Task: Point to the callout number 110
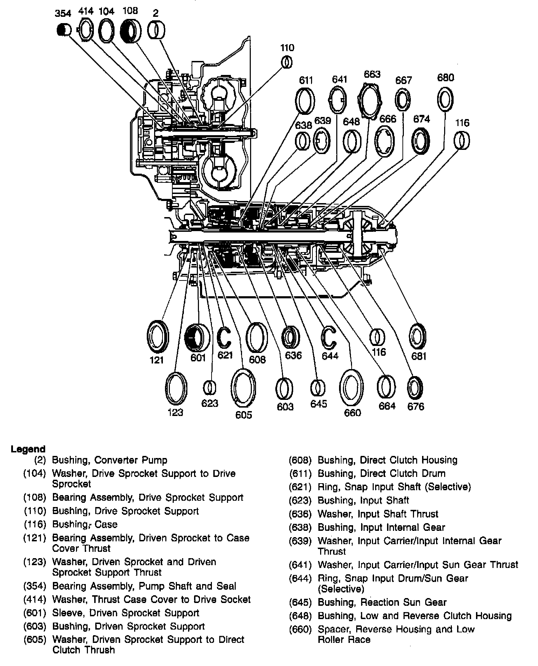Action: click(x=287, y=48)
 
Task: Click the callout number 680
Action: click(x=446, y=77)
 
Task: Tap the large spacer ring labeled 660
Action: click(x=351, y=388)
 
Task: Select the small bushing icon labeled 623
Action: click(x=209, y=388)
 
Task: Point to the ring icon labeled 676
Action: click(x=415, y=388)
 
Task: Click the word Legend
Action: click(x=28, y=449)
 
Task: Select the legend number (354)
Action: click(x=35, y=586)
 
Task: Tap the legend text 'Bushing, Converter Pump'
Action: click(x=110, y=460)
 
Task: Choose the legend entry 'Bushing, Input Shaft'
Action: click(x=363, y=500)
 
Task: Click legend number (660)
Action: click(x=300, y=629)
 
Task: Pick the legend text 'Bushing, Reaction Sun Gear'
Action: click(x=382, y=602)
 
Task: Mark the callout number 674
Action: click(x=421, y=119)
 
